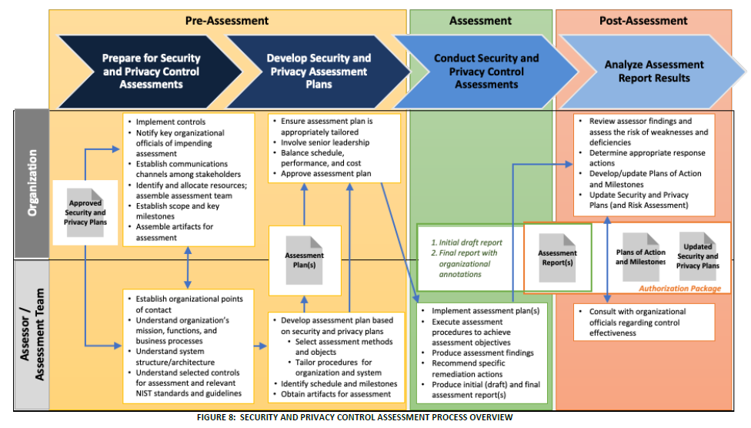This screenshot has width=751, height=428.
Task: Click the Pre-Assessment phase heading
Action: (227, 21)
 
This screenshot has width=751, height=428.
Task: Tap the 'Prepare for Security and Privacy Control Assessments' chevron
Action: (151, 71)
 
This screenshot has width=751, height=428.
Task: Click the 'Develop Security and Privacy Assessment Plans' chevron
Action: (319, 70)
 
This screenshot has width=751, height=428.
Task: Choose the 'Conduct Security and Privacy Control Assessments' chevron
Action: (486, 71)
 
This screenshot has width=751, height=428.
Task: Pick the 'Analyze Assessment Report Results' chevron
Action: (654, 71)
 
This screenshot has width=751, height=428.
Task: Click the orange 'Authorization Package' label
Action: (679, 289)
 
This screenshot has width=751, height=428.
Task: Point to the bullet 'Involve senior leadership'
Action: (325, 142)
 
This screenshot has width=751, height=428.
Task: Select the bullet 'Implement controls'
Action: (171, 122)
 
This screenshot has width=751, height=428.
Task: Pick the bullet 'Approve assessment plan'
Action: (326, 174)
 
